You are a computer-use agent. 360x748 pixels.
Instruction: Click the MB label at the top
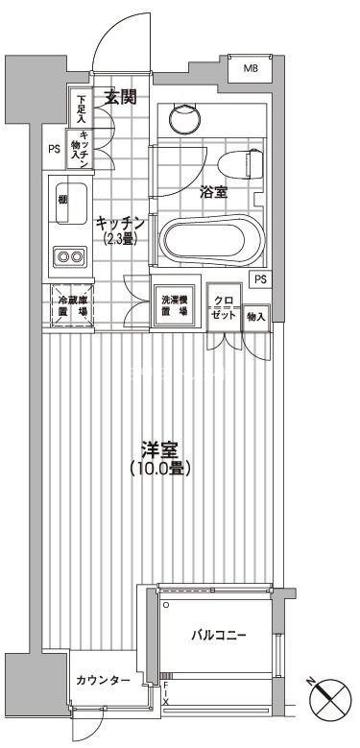click(250, 68)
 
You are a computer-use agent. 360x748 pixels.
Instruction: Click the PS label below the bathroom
click(260, 278)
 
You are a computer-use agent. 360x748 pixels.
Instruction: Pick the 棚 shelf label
click(61, 199)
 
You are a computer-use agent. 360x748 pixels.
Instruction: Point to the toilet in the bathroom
click(240, 164)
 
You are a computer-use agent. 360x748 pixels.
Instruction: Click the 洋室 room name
click(160, 449)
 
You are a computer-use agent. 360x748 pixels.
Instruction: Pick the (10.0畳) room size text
click(160, 469)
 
